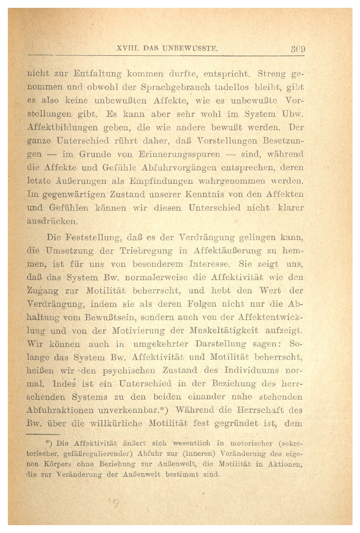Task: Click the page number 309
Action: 298,49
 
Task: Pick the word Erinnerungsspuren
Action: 179,154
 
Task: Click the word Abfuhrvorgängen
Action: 179,168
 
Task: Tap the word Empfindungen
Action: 161,181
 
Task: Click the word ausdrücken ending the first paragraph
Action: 52,221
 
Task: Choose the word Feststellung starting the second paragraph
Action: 93,237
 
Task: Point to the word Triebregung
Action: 146,251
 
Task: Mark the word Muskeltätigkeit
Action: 224,331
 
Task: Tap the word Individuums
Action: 252,370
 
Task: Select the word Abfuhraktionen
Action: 60,410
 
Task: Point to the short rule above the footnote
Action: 43,434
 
